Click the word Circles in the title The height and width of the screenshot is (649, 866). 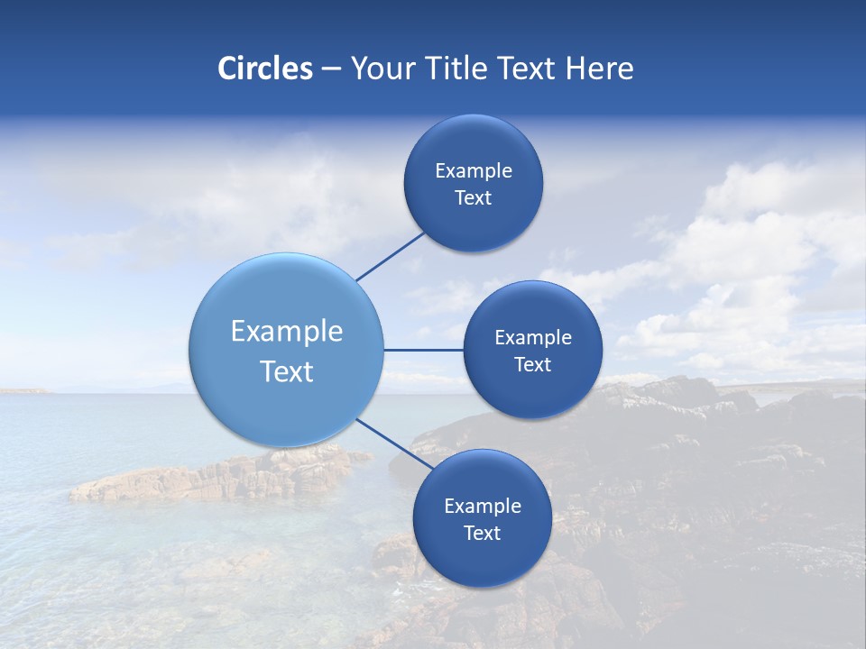click(x=264, y=69)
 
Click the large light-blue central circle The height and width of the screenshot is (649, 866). click(x=286, y=297)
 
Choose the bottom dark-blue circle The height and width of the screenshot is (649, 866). click(x=482, y=559)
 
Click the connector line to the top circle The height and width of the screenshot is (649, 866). click(x=391, y=256)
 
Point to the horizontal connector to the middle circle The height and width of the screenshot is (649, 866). click(x=423, y=350)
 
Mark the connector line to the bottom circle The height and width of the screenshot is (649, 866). click(x=393, y=443)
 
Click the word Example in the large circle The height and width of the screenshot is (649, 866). click(x=286, y=331)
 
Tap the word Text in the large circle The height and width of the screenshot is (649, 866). click(x=286, y=371)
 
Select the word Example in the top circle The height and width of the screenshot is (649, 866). click(x=473, y=170)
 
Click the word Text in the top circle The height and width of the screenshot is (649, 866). click(x=473, y=197)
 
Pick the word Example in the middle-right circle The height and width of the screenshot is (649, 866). click(x=532, y=337)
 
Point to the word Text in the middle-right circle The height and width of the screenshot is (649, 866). click(x=532, y=364)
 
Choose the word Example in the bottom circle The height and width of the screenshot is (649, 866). click(x=482, y=506)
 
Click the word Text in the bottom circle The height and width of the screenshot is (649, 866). click(x=482, y=533)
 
